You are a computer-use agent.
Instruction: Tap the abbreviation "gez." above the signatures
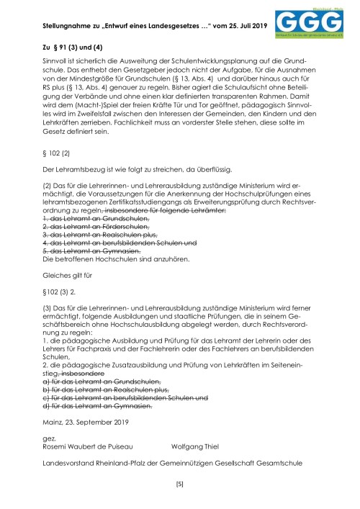point(50,436)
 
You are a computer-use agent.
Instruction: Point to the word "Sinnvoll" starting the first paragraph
point(55,63)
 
